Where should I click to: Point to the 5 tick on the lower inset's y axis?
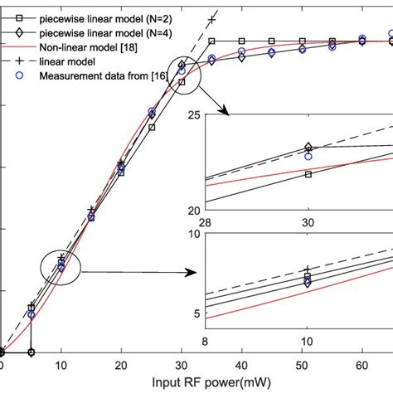196,313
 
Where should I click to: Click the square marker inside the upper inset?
308,174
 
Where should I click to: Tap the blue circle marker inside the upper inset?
308,156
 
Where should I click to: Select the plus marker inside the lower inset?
308,270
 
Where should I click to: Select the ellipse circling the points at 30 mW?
182,73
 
